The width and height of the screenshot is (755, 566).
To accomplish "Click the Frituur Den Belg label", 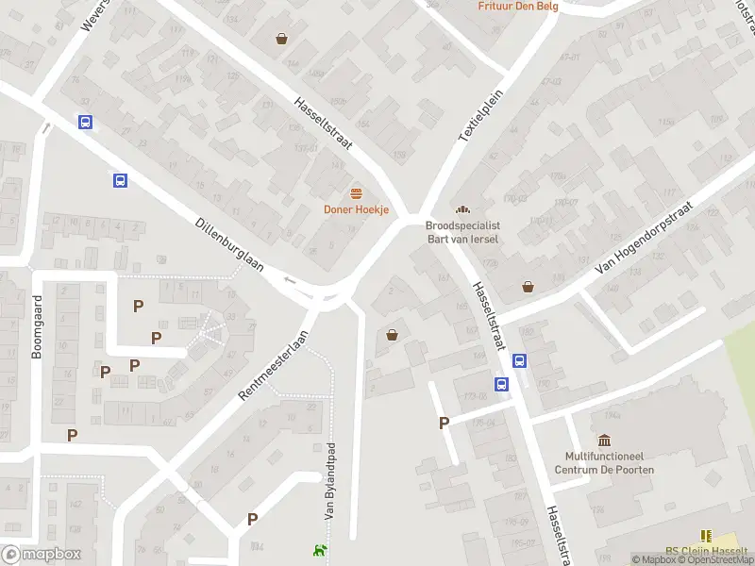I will [x=518, y=6].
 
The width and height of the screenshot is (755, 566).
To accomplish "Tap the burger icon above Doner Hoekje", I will [x=357, y=193].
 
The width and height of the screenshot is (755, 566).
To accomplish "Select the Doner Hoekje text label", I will [x=357, y=209].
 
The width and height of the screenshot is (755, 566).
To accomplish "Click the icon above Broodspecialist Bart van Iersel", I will [x=462, y=209].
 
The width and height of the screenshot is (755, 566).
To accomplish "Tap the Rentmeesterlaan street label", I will [x=274, y=366].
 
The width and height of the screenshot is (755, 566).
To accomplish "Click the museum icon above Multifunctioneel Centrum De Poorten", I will [x=604, y=440].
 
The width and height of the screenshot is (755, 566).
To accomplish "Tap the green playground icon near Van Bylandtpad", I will [x=320, y=551].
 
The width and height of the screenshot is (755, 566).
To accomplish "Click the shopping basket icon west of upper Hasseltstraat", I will [x=281, y=39].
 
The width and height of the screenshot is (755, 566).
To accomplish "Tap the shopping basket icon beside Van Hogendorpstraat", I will [x=528, y=286].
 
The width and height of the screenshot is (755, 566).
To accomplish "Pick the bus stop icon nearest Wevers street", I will [x=86, y=122].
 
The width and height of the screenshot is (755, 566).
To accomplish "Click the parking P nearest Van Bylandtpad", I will [x=252, y=519].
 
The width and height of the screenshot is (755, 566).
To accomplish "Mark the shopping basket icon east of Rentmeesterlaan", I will [x=392, y=334].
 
